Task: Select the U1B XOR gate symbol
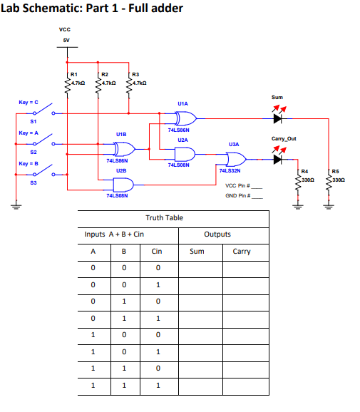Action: point(124,149)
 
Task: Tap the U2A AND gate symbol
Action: point(183,153)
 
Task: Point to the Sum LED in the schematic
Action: point(277,117)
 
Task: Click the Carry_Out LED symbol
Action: point(277,159)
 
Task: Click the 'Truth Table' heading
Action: point(163,217)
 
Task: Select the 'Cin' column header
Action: point(157,251)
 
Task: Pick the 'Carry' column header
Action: point(242,251)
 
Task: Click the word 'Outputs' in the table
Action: point(217,234)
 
